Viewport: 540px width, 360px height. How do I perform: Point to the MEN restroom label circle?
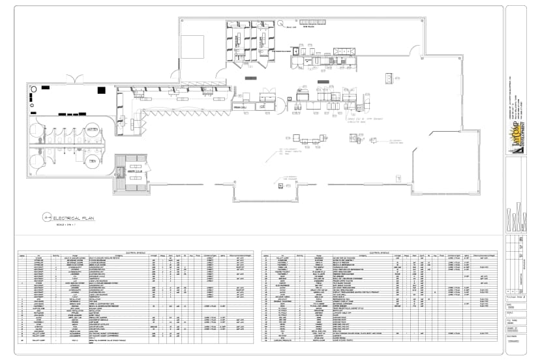(93, 160)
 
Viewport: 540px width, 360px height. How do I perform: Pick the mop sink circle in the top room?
(280, 24)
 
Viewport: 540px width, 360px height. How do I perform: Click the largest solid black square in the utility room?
(46, 87)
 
